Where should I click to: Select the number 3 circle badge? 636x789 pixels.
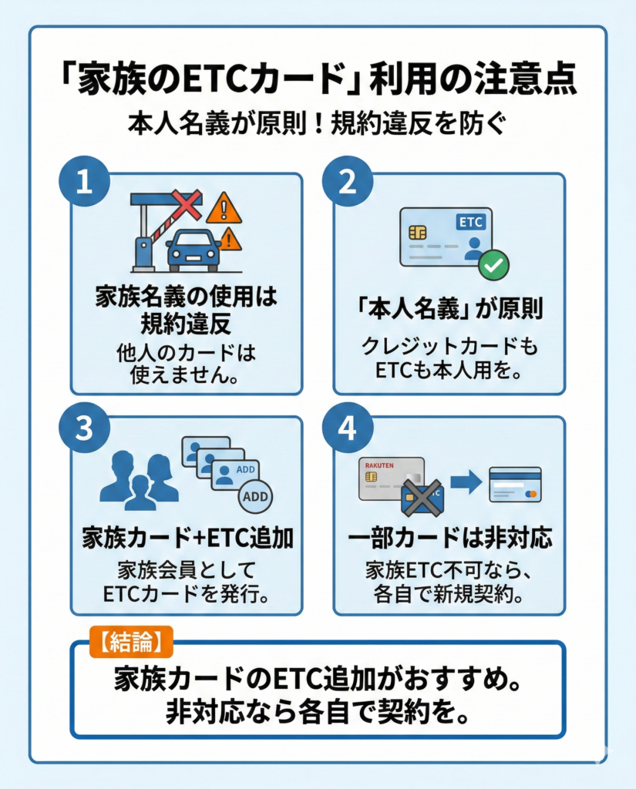[84, 428]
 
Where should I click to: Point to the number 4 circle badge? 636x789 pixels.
[347, 428]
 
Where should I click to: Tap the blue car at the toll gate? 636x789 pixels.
[193, 249]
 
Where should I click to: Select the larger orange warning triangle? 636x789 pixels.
[224, 208]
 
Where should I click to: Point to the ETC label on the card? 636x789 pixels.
[470, 222]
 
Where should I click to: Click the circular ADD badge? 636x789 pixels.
[255, 496]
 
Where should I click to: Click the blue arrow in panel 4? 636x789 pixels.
[466, 483]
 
